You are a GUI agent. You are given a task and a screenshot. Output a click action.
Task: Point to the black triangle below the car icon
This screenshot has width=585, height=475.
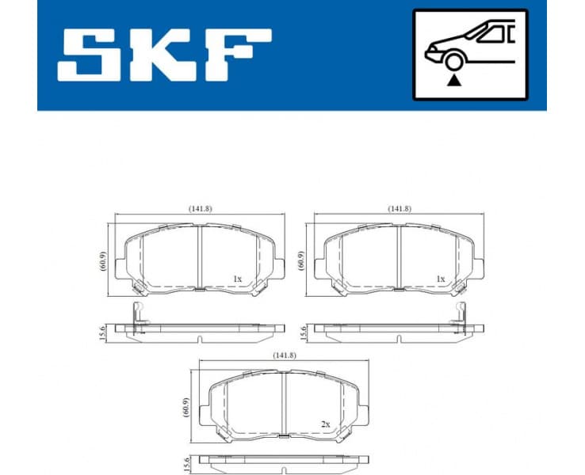pos(453,79)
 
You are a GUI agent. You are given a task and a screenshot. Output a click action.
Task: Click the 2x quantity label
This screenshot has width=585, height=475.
pos(326,424)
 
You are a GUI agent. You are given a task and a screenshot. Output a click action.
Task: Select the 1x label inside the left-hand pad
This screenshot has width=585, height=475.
pos(237,279)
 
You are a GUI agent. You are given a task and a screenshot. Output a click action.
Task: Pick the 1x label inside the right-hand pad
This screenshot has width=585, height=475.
pos(440,279)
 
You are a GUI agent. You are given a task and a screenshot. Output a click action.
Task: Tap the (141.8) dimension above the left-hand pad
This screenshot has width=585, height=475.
pos(200,208)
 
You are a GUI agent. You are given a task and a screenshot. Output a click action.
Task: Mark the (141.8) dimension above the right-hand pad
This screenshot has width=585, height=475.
pos(400,208)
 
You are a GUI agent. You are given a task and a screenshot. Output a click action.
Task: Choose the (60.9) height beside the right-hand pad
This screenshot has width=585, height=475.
pos(302,260)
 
